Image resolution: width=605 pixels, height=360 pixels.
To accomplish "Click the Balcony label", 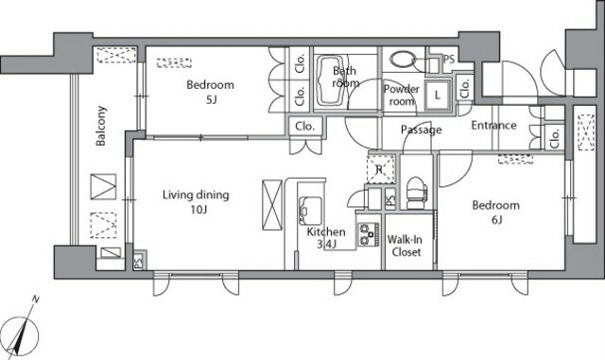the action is coord(101,126).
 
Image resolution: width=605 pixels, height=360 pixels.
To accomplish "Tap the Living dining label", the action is coord(196,195).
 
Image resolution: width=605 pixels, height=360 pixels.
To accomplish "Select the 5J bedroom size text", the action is coord(211,100).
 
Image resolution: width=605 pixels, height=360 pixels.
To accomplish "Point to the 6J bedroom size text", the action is coord(496,220).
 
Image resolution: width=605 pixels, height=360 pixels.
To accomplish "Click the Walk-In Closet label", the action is coord(406,246).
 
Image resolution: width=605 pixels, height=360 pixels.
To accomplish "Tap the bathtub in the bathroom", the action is coord(330,80).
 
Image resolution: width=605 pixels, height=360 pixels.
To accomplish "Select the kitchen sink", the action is coord(310,211).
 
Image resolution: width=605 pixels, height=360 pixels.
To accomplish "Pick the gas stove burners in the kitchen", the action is coord(368,234).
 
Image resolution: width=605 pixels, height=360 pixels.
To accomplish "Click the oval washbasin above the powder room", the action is coord(402,60).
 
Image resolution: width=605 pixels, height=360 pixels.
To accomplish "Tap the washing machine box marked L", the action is coord(438,94).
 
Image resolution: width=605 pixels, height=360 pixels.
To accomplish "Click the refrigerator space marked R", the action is coord(380,168).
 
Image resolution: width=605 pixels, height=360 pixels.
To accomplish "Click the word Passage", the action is coord(421,129).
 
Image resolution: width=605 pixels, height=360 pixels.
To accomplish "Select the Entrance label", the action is coord(493,125).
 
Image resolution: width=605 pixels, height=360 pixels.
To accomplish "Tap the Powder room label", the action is coord(401,94).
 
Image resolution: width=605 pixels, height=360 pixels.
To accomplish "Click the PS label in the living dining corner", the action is coord(139,262).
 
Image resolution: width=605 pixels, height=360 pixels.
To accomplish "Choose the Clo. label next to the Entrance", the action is coord(555,139).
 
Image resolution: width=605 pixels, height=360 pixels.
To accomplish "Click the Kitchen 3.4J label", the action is coord(326,238).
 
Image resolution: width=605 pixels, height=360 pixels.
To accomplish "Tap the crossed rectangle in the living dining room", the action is coord(272,205).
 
